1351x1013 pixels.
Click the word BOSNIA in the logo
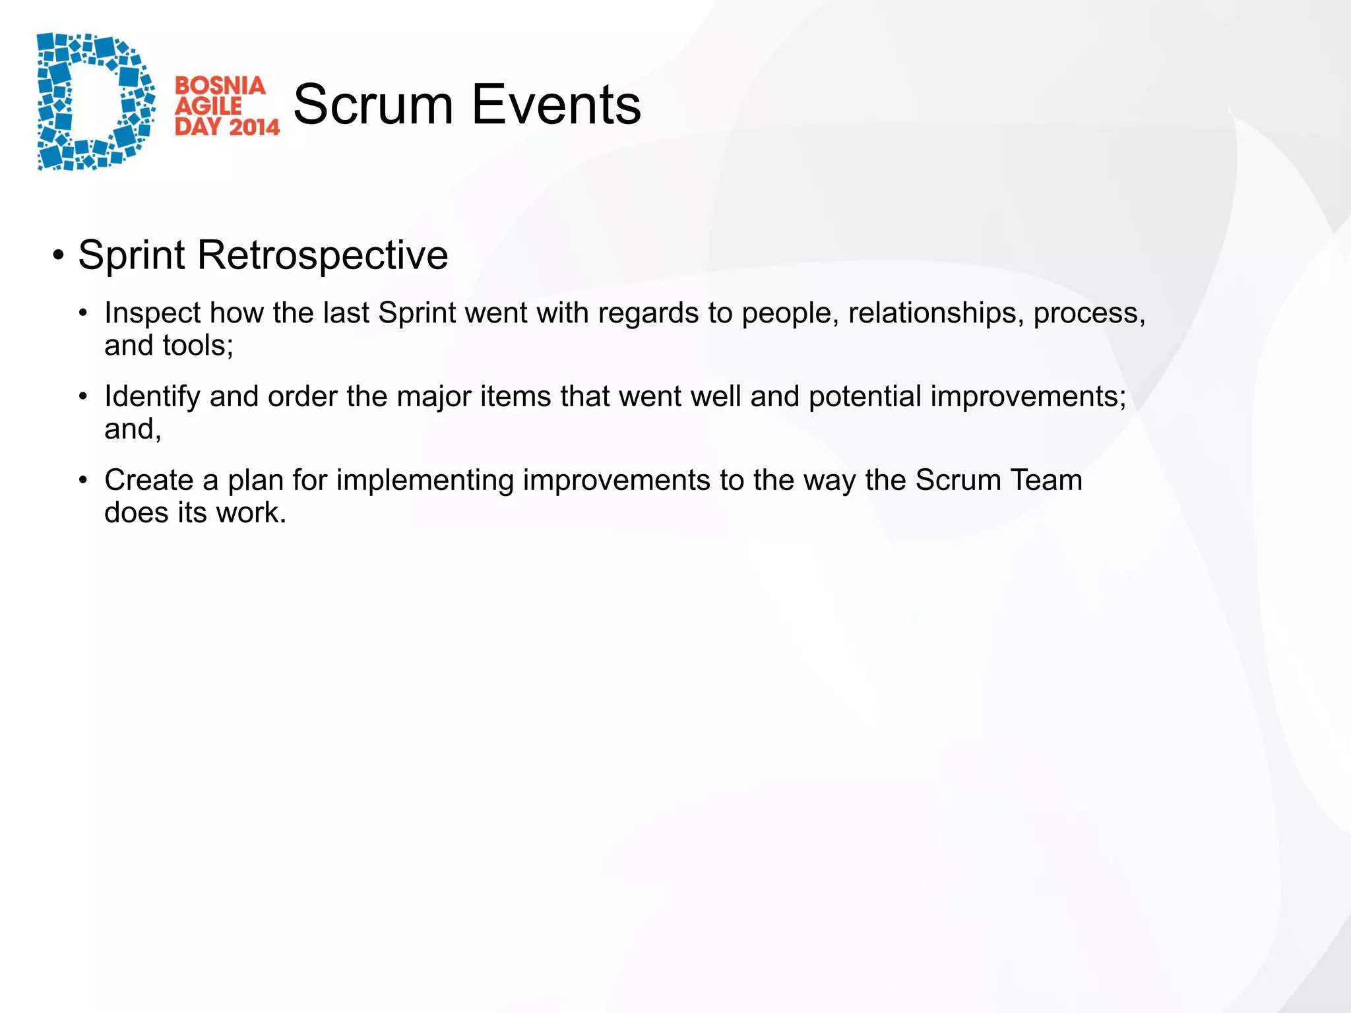(220, 86)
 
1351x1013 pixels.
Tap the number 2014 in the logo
(255, 126)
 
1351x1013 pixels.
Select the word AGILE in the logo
(208, 106)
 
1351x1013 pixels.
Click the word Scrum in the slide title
(373, 105)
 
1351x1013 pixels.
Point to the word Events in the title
(556, 105)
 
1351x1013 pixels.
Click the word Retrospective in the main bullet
(323, 255)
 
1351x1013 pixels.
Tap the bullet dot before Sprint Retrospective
(59, 255)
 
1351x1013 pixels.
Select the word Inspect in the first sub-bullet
(152, 313)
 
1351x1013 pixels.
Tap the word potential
(865, 397)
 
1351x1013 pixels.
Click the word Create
(148, 480)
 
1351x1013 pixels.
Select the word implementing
(425, 480)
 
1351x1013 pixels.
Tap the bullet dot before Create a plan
(83, 480)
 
